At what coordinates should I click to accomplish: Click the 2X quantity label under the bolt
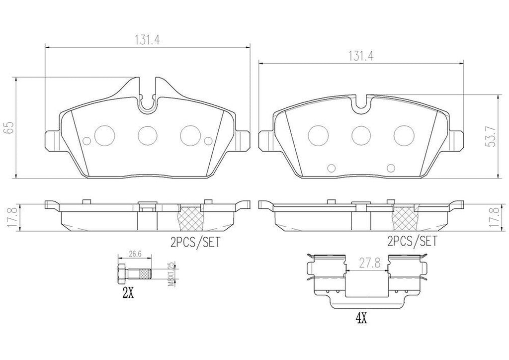coord(128,293)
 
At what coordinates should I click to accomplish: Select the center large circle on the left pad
coord(147,134)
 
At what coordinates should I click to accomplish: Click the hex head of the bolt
coord(120,275)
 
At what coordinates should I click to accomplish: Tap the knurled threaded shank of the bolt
coord(143,275)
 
